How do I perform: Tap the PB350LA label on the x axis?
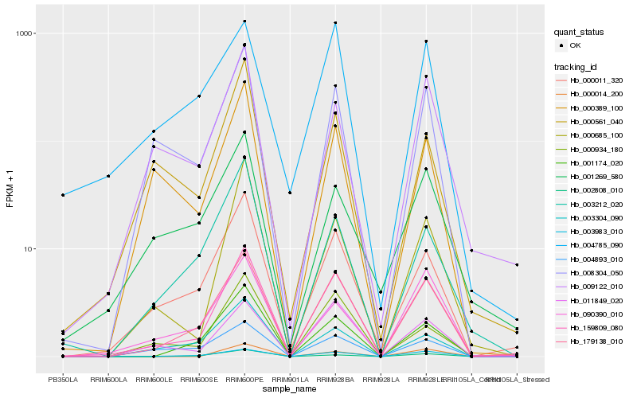[x=62, y=380]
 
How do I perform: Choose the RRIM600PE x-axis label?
[x=244, y=380]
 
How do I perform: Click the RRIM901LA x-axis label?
[x=290, y=380]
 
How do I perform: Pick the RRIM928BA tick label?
[x=335, y=380]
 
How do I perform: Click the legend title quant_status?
[x=580, y=33]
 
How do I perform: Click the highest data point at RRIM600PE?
[x=244, y=21]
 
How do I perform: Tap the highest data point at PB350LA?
[x=62, y=195]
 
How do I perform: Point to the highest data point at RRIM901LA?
[x=290, y=193]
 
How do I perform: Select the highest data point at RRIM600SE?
[x=199, y=96]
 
